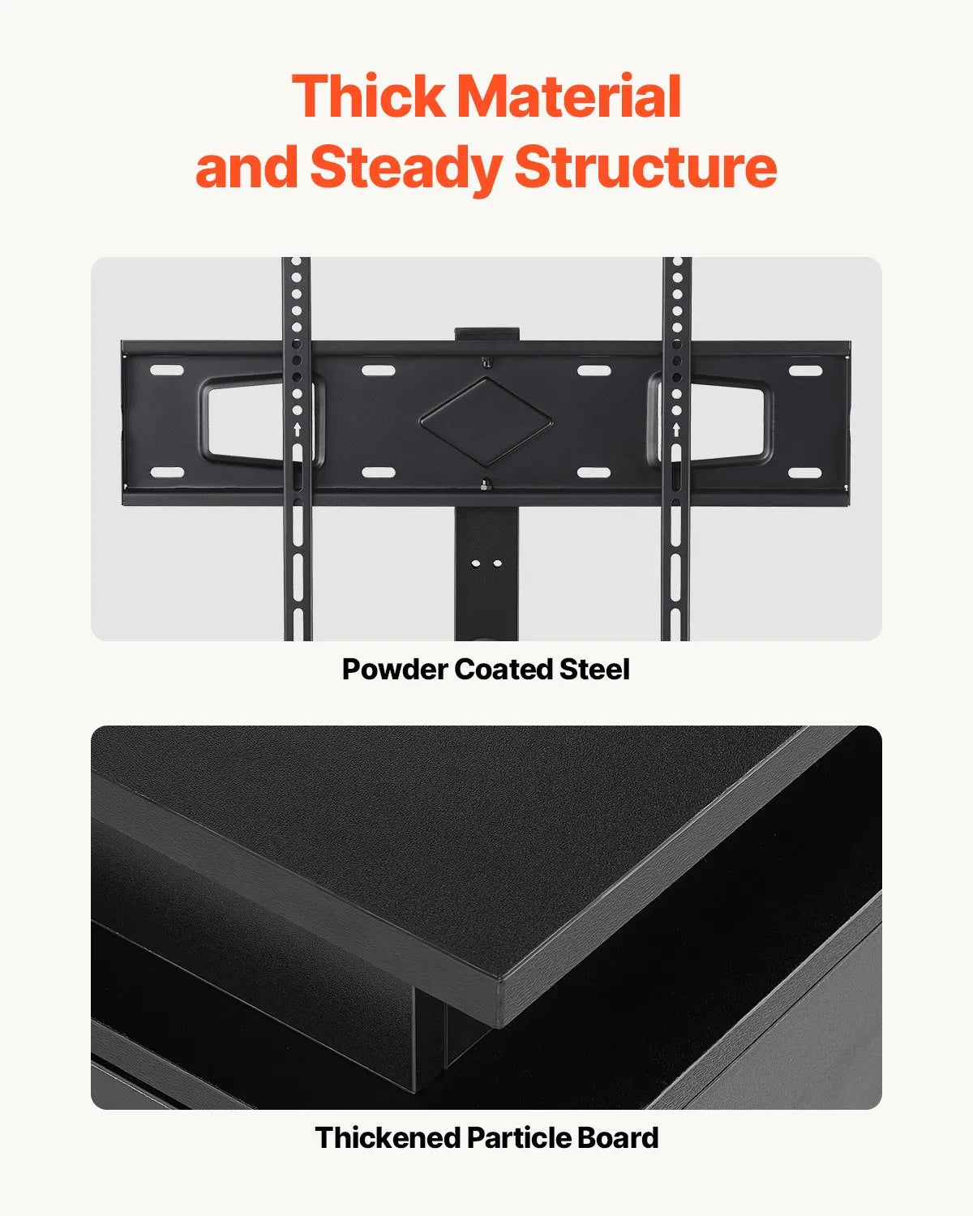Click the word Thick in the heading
click(369, 96)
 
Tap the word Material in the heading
click(569, 96)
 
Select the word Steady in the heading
click(405, 167)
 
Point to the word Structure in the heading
click(645, 167)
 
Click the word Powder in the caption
click(394, 670)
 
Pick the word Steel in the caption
click(594, 670)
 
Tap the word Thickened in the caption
click(388, 1138)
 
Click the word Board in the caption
click(618, 1138)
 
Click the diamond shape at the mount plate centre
click(486, 422)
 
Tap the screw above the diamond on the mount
click(486, 362)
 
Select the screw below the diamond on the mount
click(486, 486)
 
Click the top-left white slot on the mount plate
click(167, 370)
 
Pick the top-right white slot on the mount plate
click(805, 370)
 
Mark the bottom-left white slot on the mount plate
click(167, 473)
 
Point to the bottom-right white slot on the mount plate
click(805, 473)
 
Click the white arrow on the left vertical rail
click(297, 428)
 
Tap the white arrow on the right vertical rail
click(676, 428)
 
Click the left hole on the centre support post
click(477, 563)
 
